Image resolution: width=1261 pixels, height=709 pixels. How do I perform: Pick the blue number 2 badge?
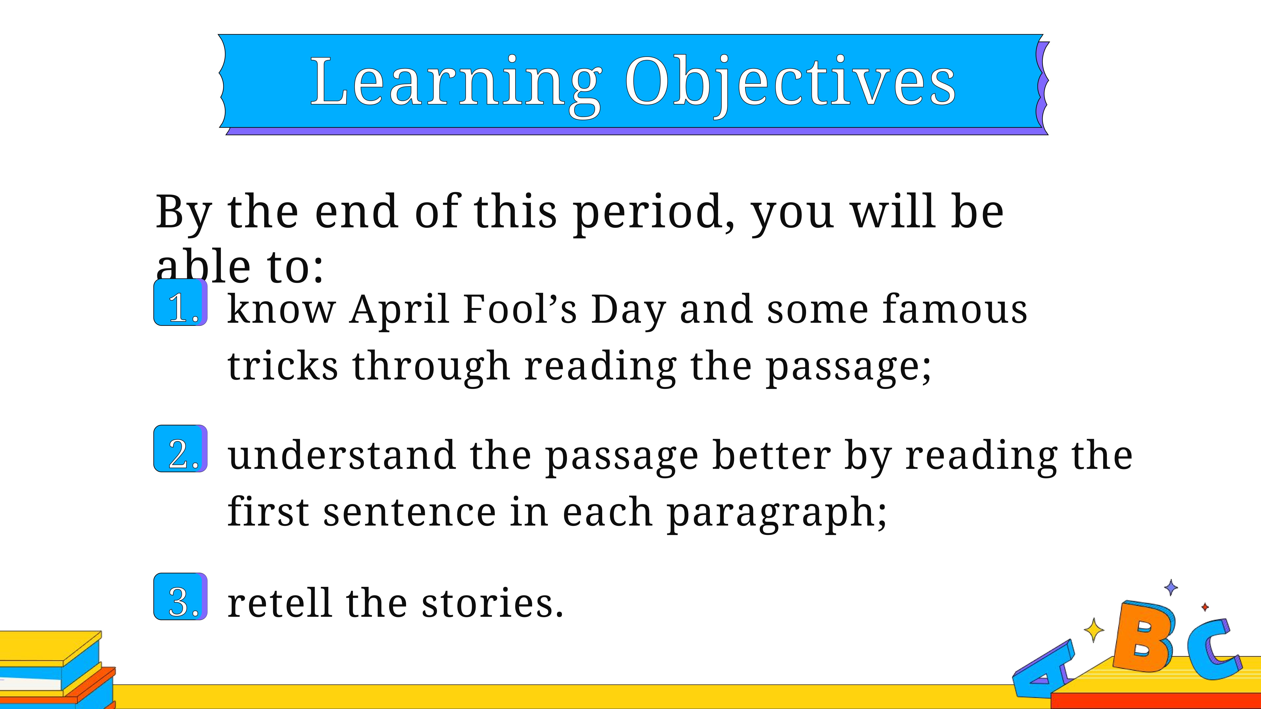[x=181, y=449]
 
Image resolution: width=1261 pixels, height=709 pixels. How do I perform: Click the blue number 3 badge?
[x=181, y=596]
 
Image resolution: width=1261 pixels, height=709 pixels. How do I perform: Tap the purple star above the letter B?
[x=1171, y=587]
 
